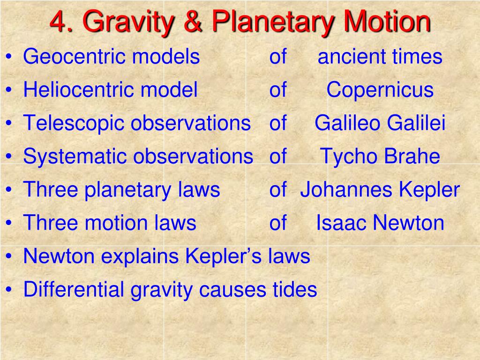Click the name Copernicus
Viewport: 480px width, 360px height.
point(380,90)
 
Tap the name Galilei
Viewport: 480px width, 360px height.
point(416,123)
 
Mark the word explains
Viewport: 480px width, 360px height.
point(150,256)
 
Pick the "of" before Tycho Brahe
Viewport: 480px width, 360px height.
point(277,157)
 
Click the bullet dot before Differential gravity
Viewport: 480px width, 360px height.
point(9,290)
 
